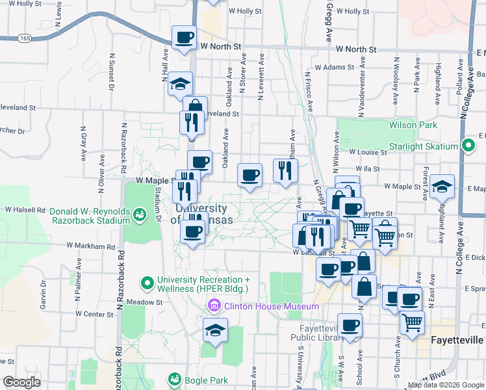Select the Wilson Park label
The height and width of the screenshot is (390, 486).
tap(408, 124)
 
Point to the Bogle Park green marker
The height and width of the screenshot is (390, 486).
tap(174, 378)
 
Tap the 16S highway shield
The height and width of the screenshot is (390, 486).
tap(25, 38)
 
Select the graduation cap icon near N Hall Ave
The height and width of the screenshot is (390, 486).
tap(180, 84)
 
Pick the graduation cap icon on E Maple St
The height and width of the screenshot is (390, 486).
tap(442, 187)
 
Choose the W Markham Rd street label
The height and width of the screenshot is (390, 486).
tap(91, 247)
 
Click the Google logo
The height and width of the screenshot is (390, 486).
tap(21, 382)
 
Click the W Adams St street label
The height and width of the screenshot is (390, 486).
tap(335, 67)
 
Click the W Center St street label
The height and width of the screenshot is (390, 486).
tap(94, 314)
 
